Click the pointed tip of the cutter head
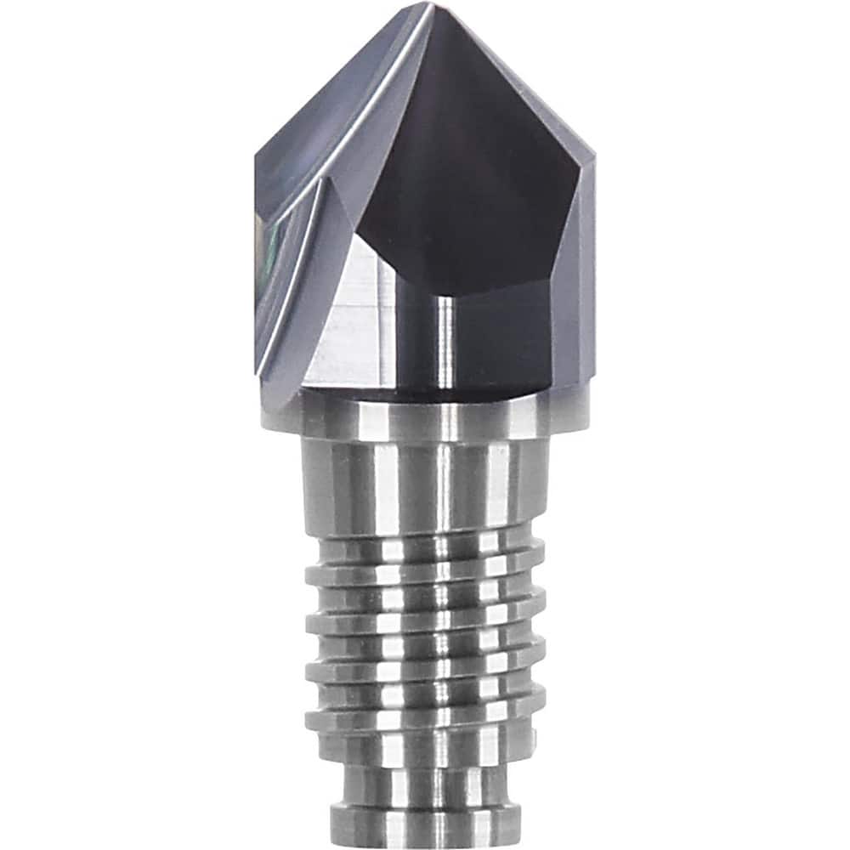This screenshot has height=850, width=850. (433, 7)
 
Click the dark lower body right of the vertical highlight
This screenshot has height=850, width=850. (501, 340)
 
